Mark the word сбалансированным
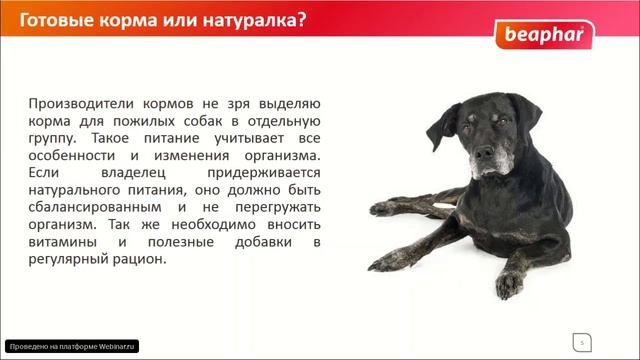coord(98,211)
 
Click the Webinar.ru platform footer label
coord(71,346)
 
